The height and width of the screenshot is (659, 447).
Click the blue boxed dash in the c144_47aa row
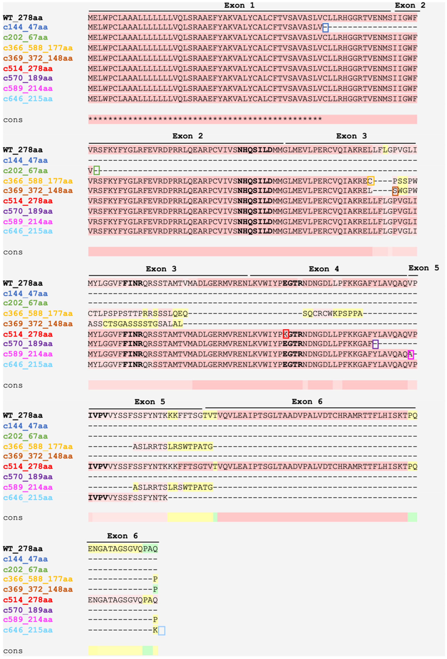(x=325, y=27)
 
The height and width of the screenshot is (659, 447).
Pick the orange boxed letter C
(x=370, y=181)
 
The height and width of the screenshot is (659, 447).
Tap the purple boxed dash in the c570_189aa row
(x=375, y=344)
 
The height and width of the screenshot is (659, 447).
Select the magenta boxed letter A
(x=410, y=354)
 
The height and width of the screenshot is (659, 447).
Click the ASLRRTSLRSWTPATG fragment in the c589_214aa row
(x=173, y=487)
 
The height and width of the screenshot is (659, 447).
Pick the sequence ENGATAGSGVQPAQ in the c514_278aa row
(x=123, y=600)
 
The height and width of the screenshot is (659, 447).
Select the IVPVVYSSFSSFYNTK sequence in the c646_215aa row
(x=128, y=497)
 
